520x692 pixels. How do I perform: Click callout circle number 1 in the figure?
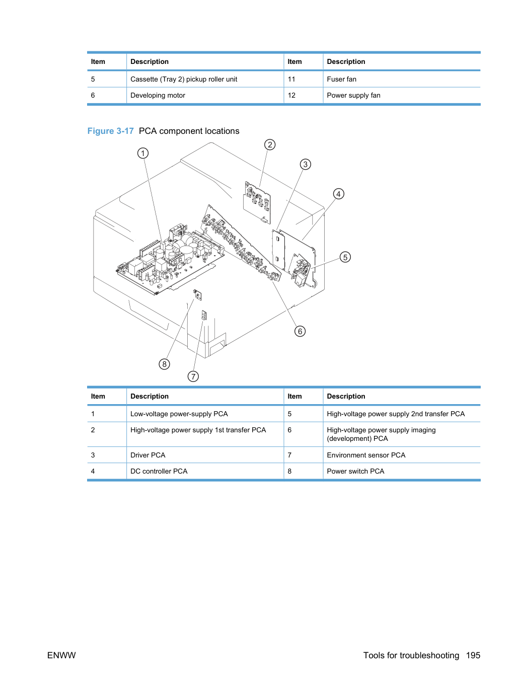click(x=143, y=153)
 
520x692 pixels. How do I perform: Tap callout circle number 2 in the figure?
click(x=270, y=145)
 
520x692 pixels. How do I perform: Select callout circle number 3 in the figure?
click(x=305, y=164)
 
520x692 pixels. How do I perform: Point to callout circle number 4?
click(x=339, y=194)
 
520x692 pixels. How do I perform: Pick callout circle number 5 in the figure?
click(x=345, y=257)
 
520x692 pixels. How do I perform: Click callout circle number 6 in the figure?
click(x=300, y=331)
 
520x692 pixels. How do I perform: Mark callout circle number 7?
click(x=193, y=376)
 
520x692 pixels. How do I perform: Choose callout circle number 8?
click(x=164, y=364)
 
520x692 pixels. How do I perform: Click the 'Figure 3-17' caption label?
click(x=110, y=131)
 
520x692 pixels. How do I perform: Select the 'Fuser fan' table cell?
click(x=341, y=79)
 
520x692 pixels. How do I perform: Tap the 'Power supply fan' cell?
click(x=353, y=95)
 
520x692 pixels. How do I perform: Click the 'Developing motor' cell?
click(x=158, y=95)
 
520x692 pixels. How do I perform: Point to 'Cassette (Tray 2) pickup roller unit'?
click(x=184, y=79)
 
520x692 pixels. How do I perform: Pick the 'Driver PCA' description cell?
click(x=148, y=455)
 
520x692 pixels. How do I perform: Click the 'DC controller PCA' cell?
click(x=159, y=471)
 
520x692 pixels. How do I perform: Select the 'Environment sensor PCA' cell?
click(x=366, y=455)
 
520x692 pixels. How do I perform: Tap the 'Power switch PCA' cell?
click(x=355, y=471)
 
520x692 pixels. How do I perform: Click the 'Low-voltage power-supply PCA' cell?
click(x=179, y=414)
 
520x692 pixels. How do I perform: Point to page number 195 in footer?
click(x=473, y=655)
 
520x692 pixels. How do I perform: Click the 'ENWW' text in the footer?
click(x=61, y=655)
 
